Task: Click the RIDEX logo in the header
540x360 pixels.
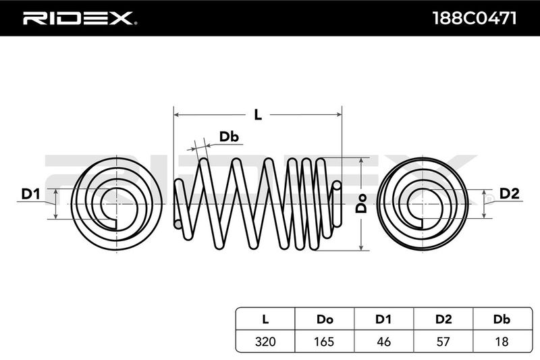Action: point(80,18)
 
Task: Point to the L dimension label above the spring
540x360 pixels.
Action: point(257,114)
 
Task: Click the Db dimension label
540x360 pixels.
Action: point(230,137)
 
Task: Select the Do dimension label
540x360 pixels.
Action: point(362,203)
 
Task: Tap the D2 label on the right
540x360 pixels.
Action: point(509,195)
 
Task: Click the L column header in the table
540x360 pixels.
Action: point(265,317)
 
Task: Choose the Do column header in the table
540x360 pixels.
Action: point(325,317)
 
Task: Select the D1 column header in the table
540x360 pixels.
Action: point(384,317)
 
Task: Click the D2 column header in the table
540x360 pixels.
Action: point(443,317)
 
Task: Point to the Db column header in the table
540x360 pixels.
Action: point(502,317)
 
